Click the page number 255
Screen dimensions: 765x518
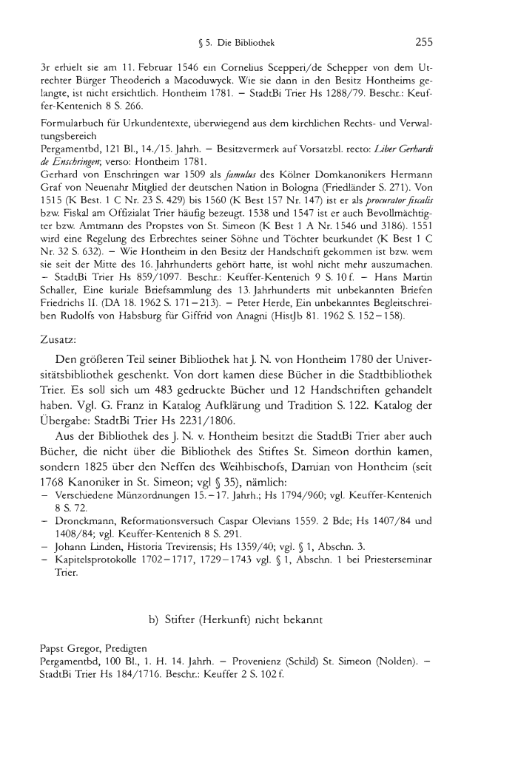click(x=424, y=41)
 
